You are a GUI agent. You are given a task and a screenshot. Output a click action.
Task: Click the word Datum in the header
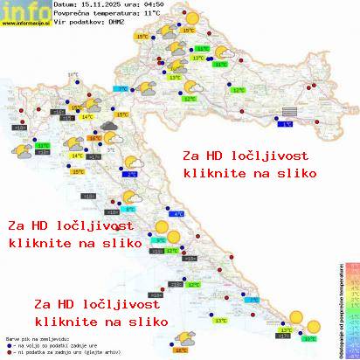tap(66, 5)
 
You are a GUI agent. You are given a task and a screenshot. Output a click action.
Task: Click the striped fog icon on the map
tap(289, 112)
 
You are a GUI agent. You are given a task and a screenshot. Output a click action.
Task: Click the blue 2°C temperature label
tap(131, 174)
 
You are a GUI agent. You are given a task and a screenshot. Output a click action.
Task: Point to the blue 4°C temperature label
tap(178, 214)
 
